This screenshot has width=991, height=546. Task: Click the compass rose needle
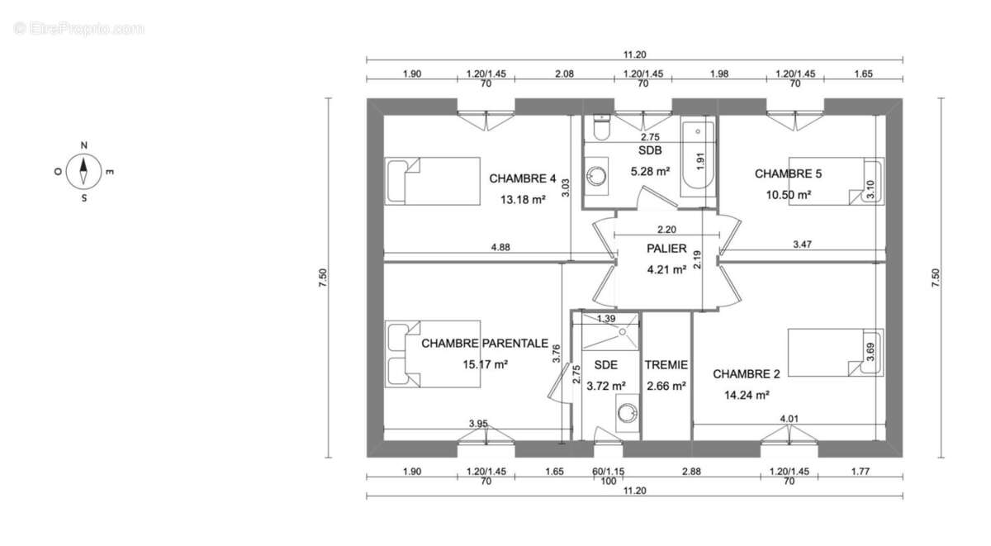[83, 171]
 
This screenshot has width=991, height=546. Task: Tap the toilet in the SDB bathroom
[601, 127]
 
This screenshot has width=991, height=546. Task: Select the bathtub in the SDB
[698, 159]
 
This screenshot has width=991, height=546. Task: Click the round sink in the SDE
[628, 413]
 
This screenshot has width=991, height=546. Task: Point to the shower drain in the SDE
[623, 331]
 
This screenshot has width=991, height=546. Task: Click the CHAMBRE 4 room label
[523, 178]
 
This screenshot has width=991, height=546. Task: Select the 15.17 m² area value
[485, 364]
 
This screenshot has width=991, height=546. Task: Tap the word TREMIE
[666, 364]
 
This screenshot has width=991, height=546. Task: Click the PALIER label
[666, 249]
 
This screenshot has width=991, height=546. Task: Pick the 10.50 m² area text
[789, 195]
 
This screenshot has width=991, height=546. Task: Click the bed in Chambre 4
[432, 181]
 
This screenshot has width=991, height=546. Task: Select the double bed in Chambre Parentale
[432, 354]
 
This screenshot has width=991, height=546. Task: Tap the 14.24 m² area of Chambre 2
[747, 395]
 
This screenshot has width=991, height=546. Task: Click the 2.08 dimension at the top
[565, 74]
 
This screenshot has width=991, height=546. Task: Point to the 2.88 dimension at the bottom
[691, 471]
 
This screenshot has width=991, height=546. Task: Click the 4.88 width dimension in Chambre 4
[500, 247]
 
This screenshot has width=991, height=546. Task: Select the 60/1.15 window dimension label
[609, 471]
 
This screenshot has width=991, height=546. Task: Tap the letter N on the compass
[83, 145]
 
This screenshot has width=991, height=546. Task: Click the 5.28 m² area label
[650, 171]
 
